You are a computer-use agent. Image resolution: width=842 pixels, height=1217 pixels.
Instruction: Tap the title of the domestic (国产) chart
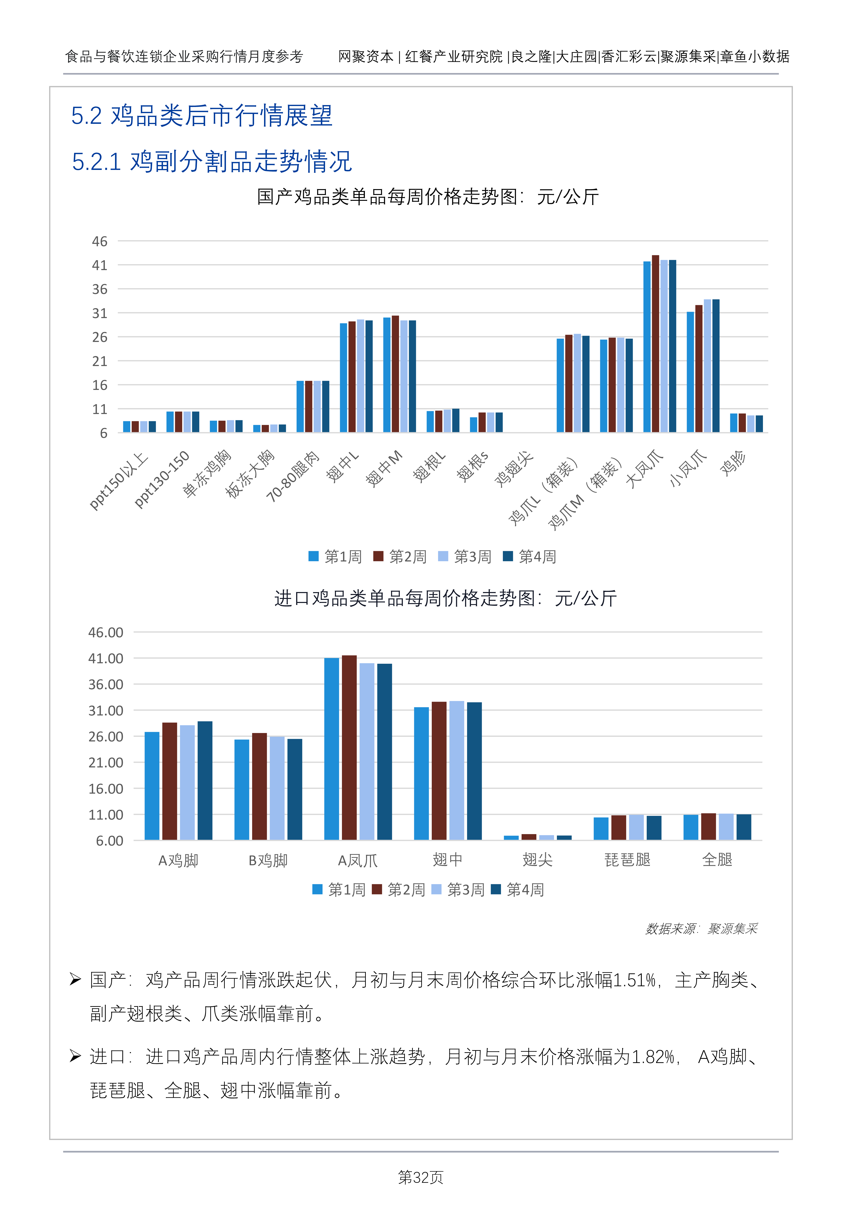[428, 197]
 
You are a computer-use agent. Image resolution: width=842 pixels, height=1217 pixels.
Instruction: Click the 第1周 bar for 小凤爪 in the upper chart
[690, 372]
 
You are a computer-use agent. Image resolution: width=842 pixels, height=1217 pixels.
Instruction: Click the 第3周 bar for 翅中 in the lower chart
[456, 770]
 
